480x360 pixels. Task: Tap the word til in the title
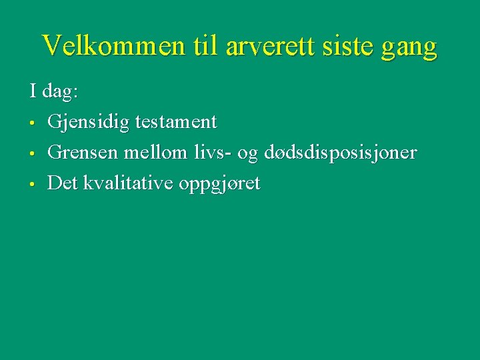205,46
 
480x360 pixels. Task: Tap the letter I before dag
33,91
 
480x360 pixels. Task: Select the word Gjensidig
89,123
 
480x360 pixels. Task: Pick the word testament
176,122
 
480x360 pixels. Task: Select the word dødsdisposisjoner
340,153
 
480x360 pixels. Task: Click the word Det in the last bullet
63,183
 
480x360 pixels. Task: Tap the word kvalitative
128,183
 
